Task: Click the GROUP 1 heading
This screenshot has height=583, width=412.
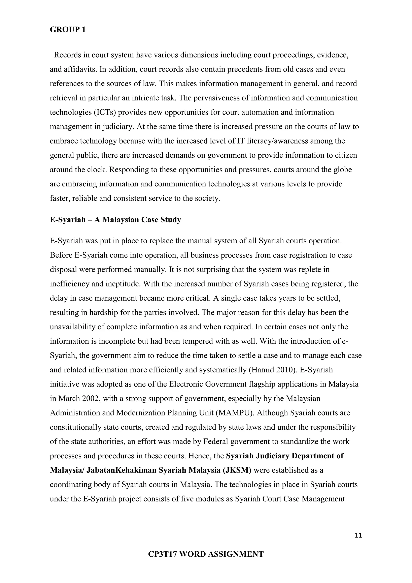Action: [x=68, y=30]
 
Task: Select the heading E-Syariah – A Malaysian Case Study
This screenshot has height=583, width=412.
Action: [x=115, y=220]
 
